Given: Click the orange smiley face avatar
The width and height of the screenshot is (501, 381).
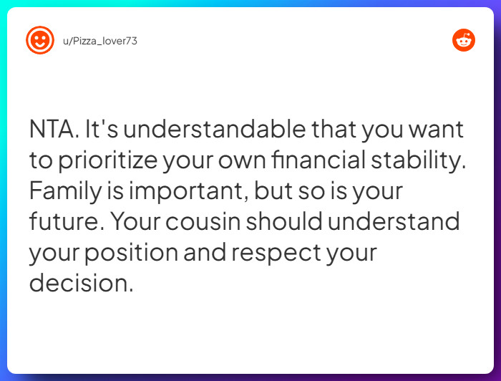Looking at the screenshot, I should tap(40, 40).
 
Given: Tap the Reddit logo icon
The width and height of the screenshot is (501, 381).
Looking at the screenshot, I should tap(464, 40).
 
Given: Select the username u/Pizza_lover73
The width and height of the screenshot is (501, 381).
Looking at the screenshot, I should tap(99, 41).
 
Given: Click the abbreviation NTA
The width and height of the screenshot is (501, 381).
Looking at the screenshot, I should tap(54, 130).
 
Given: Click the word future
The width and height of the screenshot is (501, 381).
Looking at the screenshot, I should tap(66, 222).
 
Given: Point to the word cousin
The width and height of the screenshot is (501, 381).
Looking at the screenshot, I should tap(205, 222).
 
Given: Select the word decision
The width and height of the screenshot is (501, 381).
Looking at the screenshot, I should tap(80, 283).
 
